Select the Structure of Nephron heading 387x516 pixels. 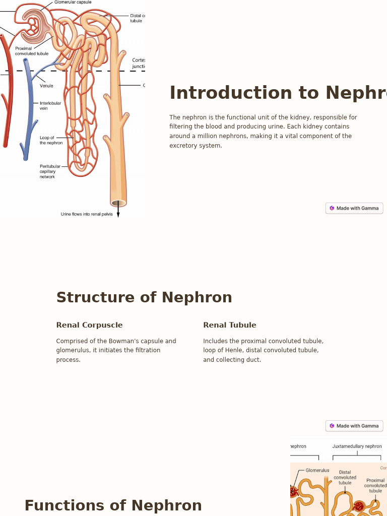coord(144,297)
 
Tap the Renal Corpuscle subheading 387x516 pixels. coord(89,325)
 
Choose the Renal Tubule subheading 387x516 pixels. coord(229,325)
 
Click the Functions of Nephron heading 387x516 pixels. coord(113,505)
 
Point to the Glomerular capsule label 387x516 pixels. coord(73,3)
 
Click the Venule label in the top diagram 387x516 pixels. coord(46,86)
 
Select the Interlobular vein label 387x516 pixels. coord(50,106)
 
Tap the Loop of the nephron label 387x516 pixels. coord(51,140)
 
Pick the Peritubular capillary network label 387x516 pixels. coord(50,171)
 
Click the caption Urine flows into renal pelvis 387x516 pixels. coord(87,214)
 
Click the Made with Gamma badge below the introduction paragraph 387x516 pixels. coord(354,208)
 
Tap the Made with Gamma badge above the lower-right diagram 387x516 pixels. coord(354,426)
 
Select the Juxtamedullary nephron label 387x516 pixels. coord(357,446)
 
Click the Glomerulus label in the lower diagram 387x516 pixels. coord(317,471)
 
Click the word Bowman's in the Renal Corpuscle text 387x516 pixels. coord(124,341)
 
